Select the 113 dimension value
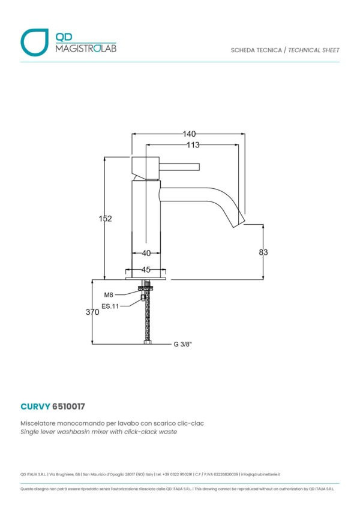192,145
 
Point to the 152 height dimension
106,219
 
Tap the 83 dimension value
263,252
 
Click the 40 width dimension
145,254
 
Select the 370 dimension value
92,312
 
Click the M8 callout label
109,295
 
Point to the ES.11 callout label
110,306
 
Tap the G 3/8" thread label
183,344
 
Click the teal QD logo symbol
34,42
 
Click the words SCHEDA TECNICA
256,50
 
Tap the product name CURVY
35,406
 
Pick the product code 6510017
69,406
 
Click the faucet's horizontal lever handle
179,167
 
